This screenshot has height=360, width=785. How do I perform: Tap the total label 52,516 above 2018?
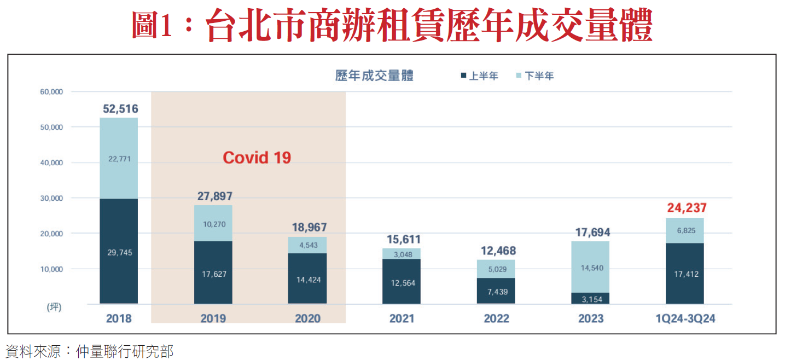[120, 109]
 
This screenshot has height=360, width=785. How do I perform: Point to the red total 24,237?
[687, 208]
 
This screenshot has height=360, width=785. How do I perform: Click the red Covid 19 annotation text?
[257, 158]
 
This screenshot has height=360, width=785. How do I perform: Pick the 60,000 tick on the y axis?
[52, 92]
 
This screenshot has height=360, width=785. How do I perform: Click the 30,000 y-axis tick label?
[52, 198]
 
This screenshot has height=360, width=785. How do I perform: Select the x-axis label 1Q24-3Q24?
[685, 318]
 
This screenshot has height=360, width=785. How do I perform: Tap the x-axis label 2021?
[402, 318]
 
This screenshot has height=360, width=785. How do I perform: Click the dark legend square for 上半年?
[463, 76]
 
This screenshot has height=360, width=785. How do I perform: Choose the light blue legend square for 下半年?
[519, 76]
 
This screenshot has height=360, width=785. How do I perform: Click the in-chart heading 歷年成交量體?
[374, 76]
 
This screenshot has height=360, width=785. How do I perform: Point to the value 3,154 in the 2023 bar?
[590, 299]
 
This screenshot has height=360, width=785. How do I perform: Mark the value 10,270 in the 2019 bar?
[213, 224]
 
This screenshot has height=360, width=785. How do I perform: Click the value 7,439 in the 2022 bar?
[496, 292]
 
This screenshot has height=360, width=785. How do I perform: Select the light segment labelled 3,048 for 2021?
[402, 253]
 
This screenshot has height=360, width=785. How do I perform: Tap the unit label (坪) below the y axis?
[54, 307]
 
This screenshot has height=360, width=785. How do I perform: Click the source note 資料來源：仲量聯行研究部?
[89, 351]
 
